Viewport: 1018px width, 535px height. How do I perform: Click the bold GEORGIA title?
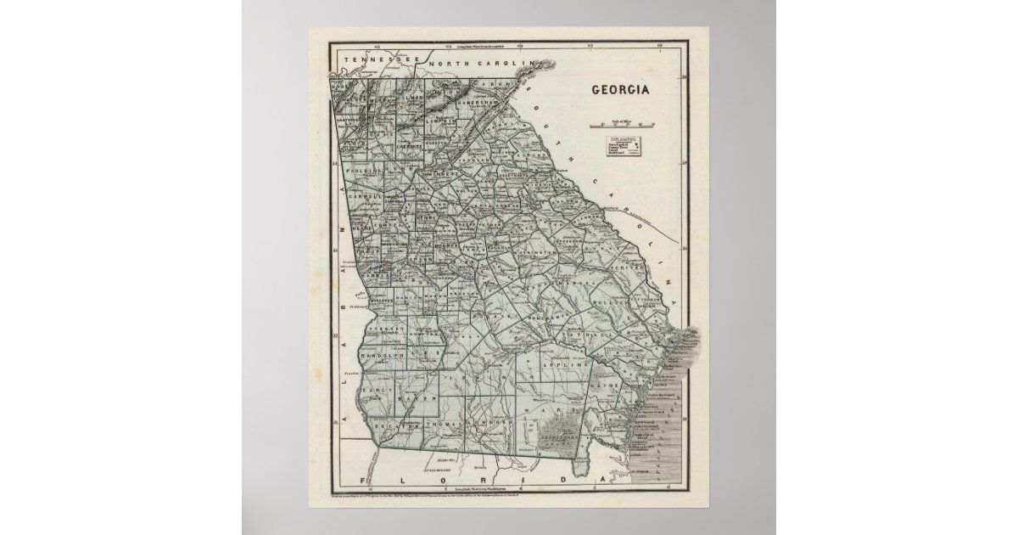[x=620, y=89]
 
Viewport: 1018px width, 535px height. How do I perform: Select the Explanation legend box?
[x=624, y=146]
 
